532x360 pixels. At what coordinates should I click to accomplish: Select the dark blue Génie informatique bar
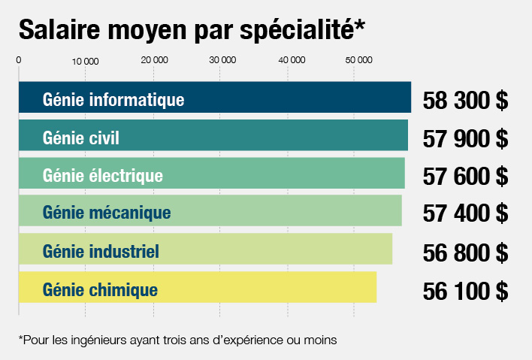(x=214, y=98)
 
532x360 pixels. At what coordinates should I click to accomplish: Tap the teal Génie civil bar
(x=213, y=137)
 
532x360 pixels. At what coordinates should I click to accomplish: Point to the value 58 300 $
(x=465, y=101)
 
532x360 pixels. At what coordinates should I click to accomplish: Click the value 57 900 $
(x=465, y=138)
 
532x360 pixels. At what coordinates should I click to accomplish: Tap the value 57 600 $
(x=465, y=177)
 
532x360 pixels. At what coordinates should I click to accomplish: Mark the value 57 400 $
(x=465, y=214)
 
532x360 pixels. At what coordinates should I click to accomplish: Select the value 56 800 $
(x=465, y=253)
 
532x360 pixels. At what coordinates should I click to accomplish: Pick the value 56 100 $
(x=465, y=290)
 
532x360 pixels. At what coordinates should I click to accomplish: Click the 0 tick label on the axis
(x=18, y=59)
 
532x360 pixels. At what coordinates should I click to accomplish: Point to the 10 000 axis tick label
(x=86, y=60)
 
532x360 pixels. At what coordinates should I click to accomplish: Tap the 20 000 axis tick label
(x=154, y=59)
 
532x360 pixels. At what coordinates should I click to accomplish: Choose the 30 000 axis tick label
(x=222, y=59)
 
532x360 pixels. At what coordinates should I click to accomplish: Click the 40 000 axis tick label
(x=291, y=59)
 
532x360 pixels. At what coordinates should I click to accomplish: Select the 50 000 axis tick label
(x=358, y=59)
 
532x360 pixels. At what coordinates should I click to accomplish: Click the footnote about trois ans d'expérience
(x=177, y=340)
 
